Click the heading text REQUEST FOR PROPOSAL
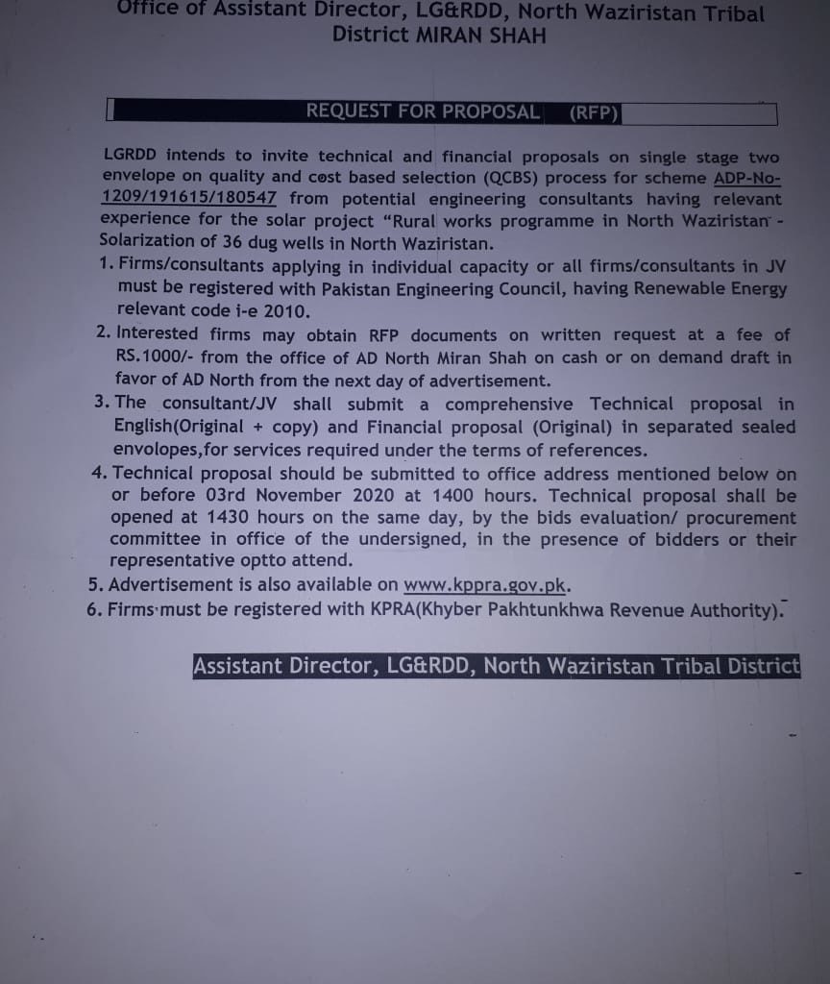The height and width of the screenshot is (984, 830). tap(423, 111)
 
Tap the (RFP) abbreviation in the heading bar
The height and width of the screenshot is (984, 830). tap(594, 112)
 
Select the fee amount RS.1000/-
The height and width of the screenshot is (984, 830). tap(154, 357)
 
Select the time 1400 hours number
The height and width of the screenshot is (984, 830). tap(452, 496)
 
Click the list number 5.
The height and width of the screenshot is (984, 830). tap(93, 586)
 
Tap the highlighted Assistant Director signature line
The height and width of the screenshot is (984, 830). tap(496, 667)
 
